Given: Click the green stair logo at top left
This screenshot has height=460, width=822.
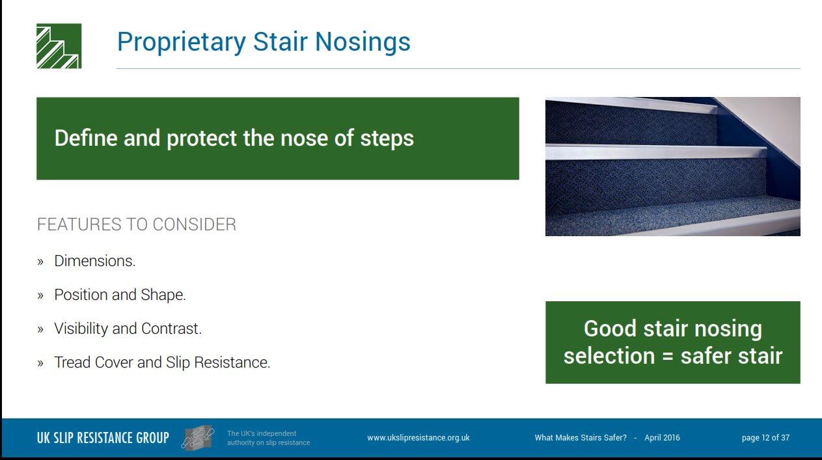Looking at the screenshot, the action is [59, 46].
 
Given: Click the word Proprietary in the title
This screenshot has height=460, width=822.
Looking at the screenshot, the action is [182, 42].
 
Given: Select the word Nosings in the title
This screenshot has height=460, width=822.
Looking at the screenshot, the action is [363, 41].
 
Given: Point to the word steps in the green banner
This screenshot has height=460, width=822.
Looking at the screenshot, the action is [387, 139].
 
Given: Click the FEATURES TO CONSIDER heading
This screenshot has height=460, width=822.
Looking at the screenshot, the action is [137, 224].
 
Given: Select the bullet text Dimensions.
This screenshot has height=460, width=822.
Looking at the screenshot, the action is [94, 261].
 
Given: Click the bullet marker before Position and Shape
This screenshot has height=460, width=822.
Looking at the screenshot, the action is [40, 295].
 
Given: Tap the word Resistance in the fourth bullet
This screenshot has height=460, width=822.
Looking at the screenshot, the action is [232, 362].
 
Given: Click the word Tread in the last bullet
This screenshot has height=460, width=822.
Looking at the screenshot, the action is [73, 362].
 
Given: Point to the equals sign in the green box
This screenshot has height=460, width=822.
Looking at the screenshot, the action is [668, 357].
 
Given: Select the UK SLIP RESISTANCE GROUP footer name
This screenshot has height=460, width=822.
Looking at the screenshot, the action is [103, 438].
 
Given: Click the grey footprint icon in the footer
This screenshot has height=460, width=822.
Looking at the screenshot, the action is [198, 438].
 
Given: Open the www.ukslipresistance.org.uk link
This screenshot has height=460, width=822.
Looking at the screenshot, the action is [418, 438].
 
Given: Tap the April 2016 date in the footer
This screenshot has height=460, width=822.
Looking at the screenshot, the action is [662, 438].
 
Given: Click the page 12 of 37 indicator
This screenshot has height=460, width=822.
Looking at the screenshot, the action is [765, 438].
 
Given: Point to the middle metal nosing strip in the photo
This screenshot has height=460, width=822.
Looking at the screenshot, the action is [656, 152].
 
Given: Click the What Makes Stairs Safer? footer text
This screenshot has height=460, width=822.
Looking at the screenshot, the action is [581, 438].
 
